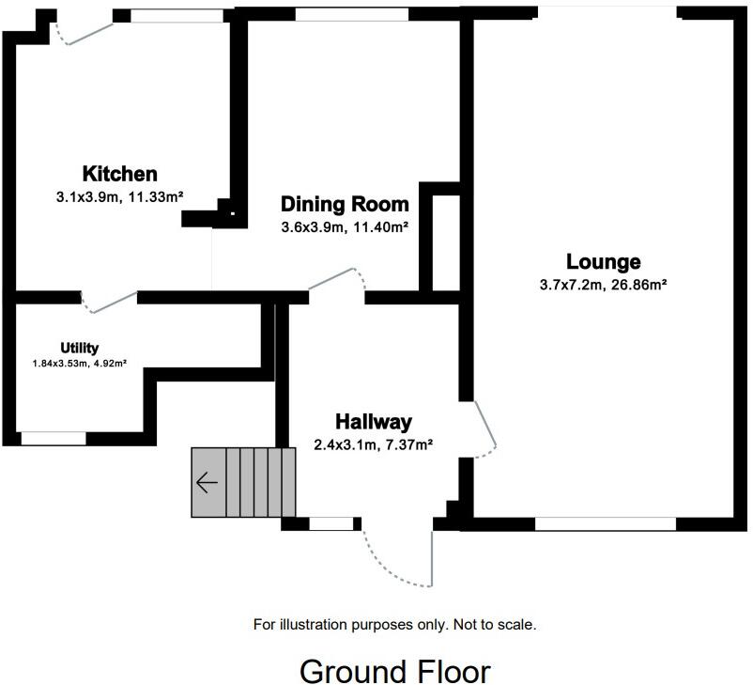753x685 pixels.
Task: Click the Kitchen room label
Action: point(119,174)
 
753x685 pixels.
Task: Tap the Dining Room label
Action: point(345,204)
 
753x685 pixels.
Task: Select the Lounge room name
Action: point(603,262)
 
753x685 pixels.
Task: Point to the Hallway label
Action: point(373,423)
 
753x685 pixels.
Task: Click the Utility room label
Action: point(79,348)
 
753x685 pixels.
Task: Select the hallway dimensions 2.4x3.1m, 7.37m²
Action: point(373,445)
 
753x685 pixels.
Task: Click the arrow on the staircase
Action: point(207,483)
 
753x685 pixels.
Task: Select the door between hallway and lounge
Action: point(486,430)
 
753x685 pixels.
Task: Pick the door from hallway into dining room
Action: point(336,278)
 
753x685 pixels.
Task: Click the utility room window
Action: point(53,438)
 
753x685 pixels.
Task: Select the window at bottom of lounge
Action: point(606,523)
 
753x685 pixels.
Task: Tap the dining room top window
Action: point(351,14)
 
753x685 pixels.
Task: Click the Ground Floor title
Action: point(394,672)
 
